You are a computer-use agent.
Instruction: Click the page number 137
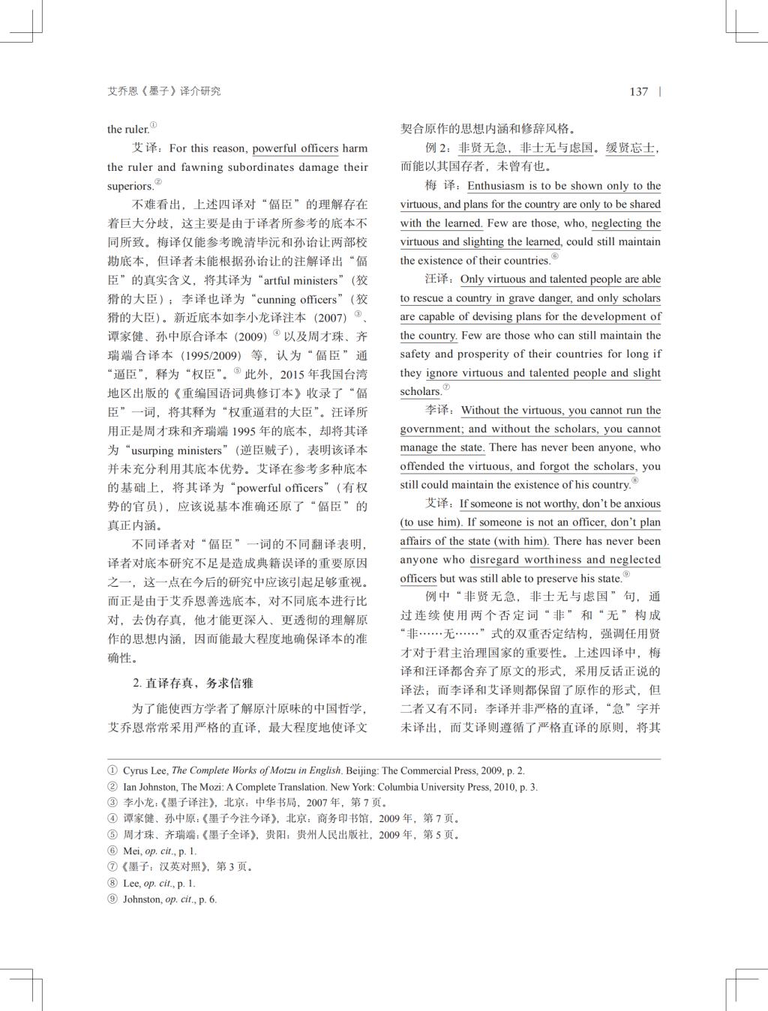coord(638,91)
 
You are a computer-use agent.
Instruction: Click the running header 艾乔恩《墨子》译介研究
coord(163,91)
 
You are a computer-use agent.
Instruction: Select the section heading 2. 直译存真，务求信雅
coord(193,683)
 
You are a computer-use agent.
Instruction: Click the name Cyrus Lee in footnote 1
coord(145,770)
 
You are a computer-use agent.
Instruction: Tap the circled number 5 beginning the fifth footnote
coord(112,835)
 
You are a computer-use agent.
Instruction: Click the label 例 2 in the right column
coord(437,148)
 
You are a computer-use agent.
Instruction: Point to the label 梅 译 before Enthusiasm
coord(440,186)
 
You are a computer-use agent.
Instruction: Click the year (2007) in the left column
coord(330,318)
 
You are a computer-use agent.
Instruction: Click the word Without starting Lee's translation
coord(479,411)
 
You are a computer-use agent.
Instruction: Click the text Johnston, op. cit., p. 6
coord(169,899)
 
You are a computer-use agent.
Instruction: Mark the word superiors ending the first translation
coord(130,186)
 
